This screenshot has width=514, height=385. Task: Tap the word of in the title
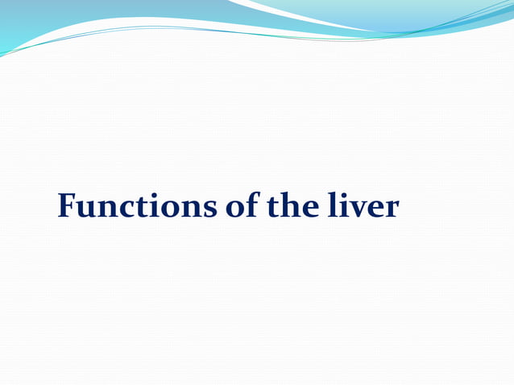[x=237, y=207]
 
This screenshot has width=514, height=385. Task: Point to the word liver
[x=363, y=207]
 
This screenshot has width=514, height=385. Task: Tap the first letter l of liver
[x=331, y=206]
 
